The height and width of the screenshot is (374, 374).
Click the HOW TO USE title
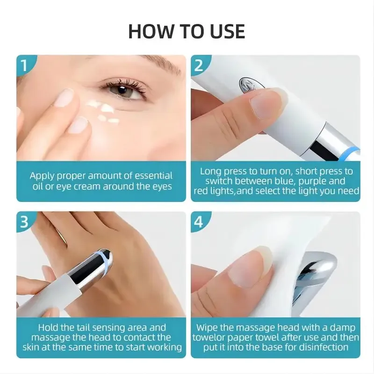[187, 31]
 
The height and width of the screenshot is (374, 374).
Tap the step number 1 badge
[25, 65]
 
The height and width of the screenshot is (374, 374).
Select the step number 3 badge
[25, 222]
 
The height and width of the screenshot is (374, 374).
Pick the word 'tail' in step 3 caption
[89, 327]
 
